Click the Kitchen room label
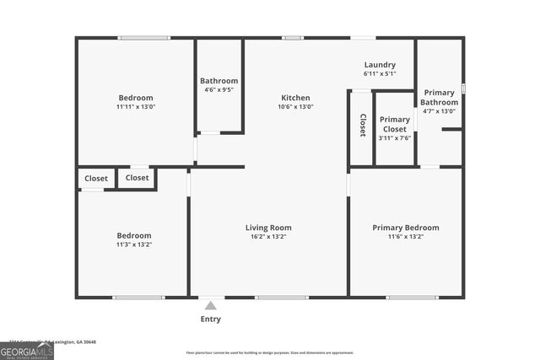[x=295, y=98]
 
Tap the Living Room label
[x=268, y=228]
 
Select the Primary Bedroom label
[x=406, y=228]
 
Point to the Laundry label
[x=379, y=65]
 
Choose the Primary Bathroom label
[x=440, y=98]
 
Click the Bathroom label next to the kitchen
[x=219, y=81]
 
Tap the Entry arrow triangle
[x=211, y=304]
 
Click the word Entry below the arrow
[x=211, y=319]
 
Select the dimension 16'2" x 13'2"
[x=268, y=237]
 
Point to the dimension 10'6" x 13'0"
[x=295, y=107]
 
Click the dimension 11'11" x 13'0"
[x=136, y=107]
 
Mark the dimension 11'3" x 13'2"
[x=134, y=244]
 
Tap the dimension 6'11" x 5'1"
[x=379, y=74]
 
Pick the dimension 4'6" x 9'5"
[x=219, y=89]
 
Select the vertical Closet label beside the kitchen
[x=363, y=125]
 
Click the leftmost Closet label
[x=96, y=179]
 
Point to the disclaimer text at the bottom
[x=270, y=352]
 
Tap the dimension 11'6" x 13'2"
[x=406, y=237]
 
